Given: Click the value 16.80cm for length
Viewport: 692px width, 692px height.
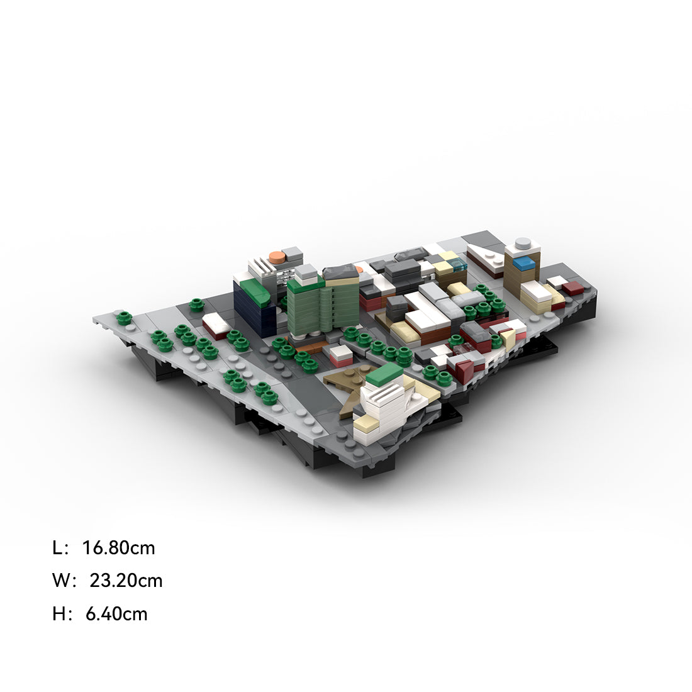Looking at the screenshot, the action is coord(119,548).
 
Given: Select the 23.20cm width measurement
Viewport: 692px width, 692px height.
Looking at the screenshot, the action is coord(126,581).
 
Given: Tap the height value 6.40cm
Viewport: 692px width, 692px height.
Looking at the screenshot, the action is coord(116,614).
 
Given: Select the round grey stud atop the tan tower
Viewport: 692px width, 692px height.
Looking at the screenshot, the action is coord(523,242).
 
